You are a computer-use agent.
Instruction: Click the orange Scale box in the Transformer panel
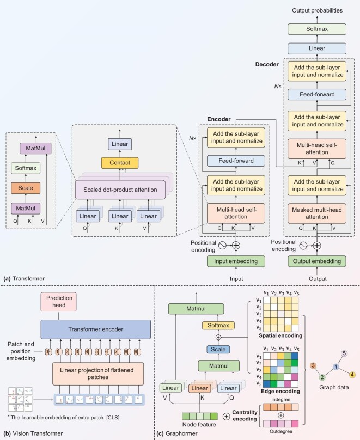point(26,188)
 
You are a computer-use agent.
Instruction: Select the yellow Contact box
point(120,163)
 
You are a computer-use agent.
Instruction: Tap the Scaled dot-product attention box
point(120,190)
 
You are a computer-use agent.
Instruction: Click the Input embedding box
point(236,261)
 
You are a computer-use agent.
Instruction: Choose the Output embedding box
point(317,261)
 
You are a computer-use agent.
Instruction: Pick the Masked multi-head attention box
point(317,213)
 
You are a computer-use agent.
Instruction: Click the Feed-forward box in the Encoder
point(236,161)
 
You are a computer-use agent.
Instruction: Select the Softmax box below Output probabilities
point(317,29)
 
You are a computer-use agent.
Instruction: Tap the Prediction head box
point(59,302)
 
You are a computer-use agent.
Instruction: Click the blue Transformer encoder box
point(96,329)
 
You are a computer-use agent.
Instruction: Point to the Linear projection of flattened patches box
point(98,374)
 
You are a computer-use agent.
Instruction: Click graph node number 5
point(344,353)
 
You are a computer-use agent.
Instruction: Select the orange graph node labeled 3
point(313,365)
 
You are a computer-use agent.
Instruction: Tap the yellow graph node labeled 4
point(352,374)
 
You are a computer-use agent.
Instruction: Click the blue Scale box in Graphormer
point(218,350)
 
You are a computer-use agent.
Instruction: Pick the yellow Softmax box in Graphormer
point(218,325)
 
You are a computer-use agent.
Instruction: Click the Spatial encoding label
point(280,335)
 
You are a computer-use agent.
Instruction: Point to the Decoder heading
point(267,64)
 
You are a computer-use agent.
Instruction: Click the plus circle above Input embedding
point(236,246)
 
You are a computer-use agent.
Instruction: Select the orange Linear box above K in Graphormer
point(199,388)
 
